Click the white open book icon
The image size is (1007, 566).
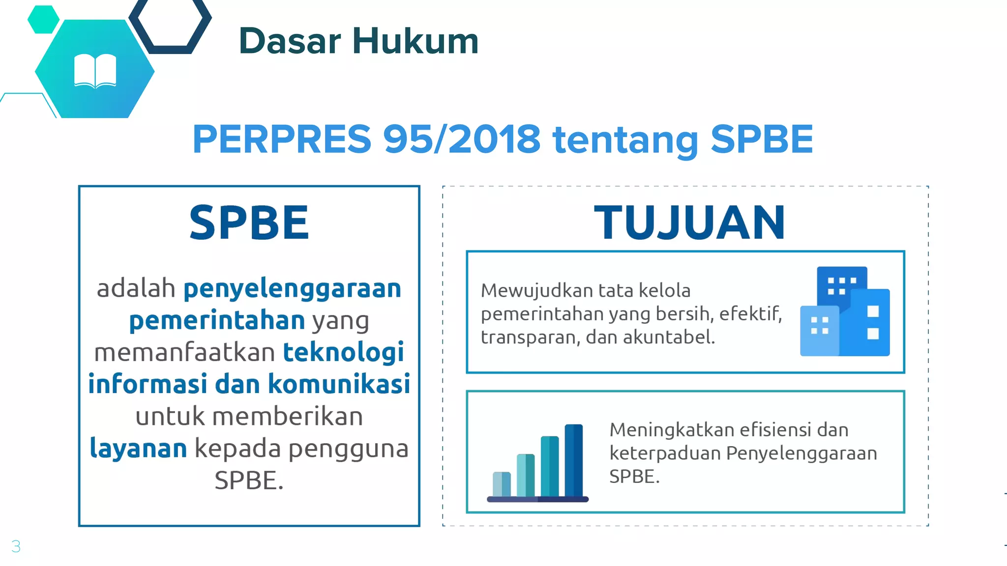pyautogui.click(x=95, y=71)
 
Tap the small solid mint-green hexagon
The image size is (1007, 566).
pyautogui.click(x=43, y=20)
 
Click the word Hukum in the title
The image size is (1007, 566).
pyautogui.click(x=415, y=41)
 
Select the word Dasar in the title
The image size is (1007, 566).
pyautogui.click(x=290, y=41)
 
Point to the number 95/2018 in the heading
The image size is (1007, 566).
pyautogui.click(x=462, y=139)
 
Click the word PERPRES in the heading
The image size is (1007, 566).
pyautogui.click(x=282, y=139)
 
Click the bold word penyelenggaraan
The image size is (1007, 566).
pyautogui.click(x=293, y=288)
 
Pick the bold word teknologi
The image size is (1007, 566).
pyautogui.click(x=344, y=352)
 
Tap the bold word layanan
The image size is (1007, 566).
pyautogui.click(x=138, y=449)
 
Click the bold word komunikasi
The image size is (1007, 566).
pyautogui.click(x=339, y=384)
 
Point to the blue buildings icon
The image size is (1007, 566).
pyautogui.click(x=845, y=311)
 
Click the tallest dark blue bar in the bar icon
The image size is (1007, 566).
pyautogui.click(x=573, y=460)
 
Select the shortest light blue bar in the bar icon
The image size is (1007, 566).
pyautogui.click(x=502, y=483)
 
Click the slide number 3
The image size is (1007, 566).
pyautogui.click(x=16, y=546)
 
